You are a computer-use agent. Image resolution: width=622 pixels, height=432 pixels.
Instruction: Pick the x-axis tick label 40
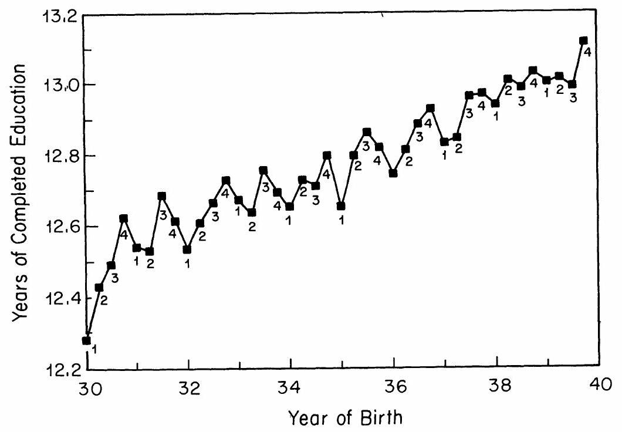click(599, 388)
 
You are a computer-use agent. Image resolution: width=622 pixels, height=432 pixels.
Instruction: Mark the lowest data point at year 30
click(87, 340)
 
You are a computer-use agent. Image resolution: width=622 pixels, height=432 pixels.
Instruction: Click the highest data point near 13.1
click(583, 41)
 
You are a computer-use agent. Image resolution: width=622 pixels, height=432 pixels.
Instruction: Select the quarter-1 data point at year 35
click(341, 206)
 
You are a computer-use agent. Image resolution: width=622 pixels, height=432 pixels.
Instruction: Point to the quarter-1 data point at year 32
click(187, 249)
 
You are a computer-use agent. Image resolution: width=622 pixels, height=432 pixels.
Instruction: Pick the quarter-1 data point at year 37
click(444, 141)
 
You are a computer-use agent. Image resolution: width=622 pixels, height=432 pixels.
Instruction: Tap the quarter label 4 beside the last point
click(587, 52)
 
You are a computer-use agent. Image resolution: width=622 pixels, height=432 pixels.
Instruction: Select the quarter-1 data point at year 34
click(290, 207)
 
